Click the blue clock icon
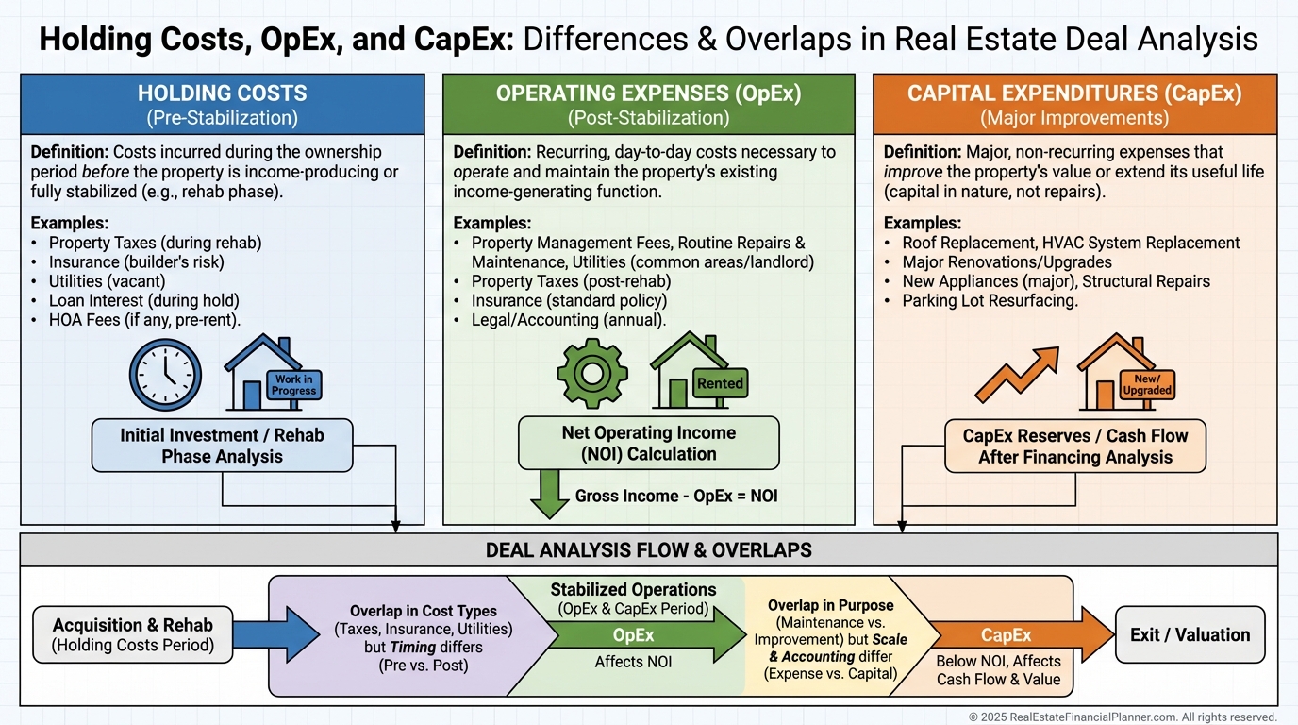(165, 375)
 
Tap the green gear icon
(591, 373)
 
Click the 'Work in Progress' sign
(293, 385)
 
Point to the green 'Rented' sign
(720, 383)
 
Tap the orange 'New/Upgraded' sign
(1147, 384)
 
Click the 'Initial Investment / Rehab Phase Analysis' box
(222, 446)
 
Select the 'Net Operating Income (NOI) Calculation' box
(649, 443)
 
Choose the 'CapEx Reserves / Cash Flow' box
(1075, 447)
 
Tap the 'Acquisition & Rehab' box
(132, 634)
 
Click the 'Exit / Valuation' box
(1190, 634)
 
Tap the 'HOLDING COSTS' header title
(223, 93)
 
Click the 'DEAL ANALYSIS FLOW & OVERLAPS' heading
(649, 549)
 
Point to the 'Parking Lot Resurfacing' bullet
(990, 301)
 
